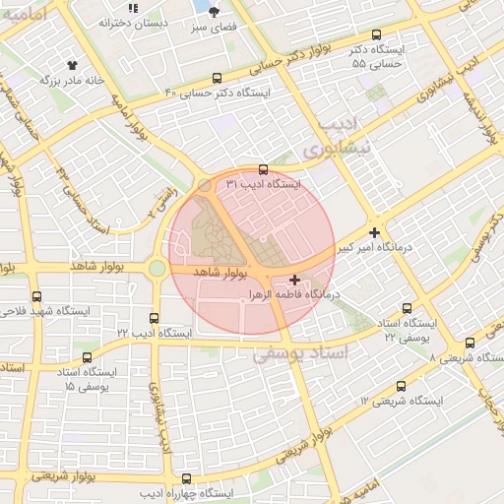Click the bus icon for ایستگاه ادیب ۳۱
262,169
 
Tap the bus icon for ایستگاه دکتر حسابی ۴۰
217,78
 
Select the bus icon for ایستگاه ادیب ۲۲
154,318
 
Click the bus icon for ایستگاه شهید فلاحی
36,295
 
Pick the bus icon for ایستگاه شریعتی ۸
470,344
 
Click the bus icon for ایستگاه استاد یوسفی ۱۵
88,357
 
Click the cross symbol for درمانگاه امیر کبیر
374,232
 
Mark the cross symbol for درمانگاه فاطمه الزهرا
295,281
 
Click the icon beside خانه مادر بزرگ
69,65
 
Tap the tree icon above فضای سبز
215,11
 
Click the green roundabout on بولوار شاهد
157,268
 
